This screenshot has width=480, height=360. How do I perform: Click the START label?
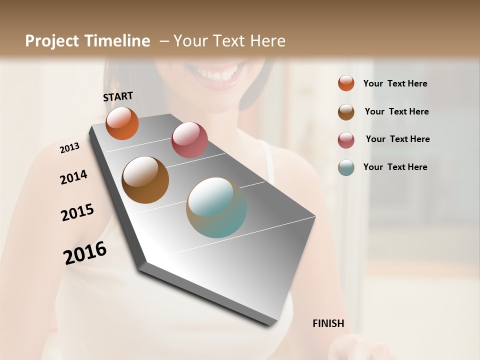(x=118, y=96)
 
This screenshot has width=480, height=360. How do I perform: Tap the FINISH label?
(x=328, y=323)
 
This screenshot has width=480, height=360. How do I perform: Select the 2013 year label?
(x=69, y=148)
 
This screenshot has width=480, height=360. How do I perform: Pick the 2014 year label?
(x=73, y=177)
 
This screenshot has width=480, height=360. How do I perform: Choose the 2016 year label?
(x=85, y=253)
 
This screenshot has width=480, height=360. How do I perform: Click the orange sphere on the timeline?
(x=122, y=123)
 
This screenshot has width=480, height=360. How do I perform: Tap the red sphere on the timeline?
(x=189, y=139)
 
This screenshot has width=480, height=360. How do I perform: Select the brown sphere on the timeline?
(x=145, y=180)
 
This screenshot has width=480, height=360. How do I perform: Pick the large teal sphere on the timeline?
(x=216, y=207)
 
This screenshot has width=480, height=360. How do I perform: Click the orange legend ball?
(x=346, y=83)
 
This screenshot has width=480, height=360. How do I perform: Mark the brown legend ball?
(x=346, y=111)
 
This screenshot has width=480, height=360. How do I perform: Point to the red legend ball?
(x=346, y=139)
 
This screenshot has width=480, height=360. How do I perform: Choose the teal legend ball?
(x=346, y=167)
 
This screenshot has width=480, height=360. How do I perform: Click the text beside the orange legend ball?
(x=395, y=83)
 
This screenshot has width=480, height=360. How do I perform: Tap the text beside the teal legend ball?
(x=395, y=167)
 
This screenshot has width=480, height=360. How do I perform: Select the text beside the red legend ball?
(x=397, y=139)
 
